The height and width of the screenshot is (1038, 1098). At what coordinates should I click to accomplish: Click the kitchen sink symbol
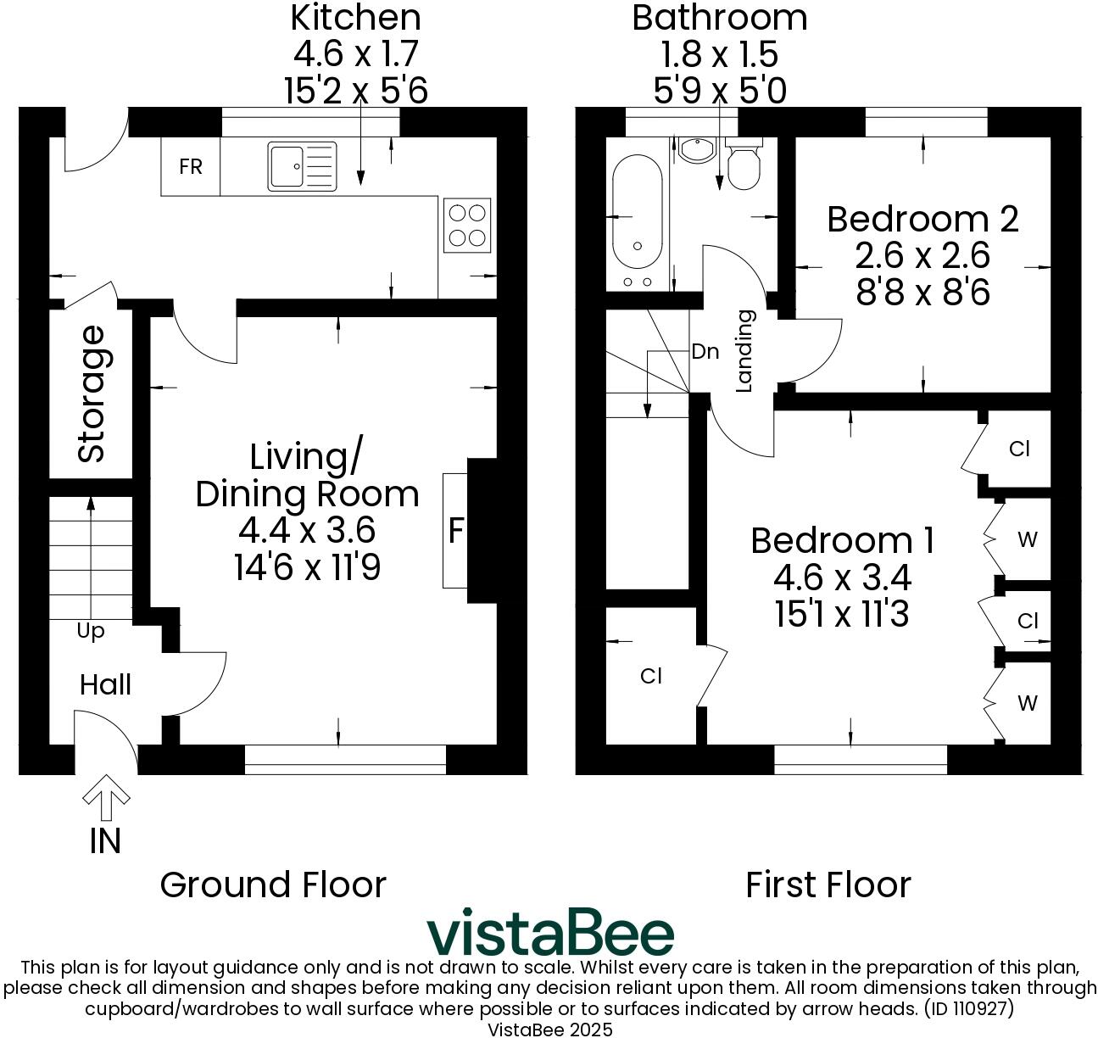point(302,165)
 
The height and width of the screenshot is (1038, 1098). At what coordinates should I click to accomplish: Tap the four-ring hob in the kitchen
point(466,225)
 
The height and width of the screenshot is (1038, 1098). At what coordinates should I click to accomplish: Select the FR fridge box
point(191,167)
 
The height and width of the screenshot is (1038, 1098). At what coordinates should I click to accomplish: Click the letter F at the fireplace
point(456,531)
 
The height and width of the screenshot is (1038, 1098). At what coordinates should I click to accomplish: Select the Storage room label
point(92,394)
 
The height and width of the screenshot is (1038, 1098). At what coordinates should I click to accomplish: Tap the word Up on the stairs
point(91,631)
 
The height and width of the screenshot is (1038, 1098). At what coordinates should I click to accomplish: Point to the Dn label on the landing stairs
point(705,351)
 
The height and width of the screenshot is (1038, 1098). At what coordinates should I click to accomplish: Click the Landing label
point(744,350)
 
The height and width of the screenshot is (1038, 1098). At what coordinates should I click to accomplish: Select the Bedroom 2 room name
point(922,219)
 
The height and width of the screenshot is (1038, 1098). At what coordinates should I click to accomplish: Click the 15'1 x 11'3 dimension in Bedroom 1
point(842,614)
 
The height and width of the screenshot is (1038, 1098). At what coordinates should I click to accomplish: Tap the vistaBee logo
point(550,933)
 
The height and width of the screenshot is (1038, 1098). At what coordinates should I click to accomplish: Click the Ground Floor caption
point(273,885)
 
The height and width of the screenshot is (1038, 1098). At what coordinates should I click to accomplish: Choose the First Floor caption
point(828,885)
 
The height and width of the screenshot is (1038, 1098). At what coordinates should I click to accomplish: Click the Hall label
point(105,684)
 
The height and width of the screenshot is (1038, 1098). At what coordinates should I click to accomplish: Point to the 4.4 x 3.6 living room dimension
point(307,531)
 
